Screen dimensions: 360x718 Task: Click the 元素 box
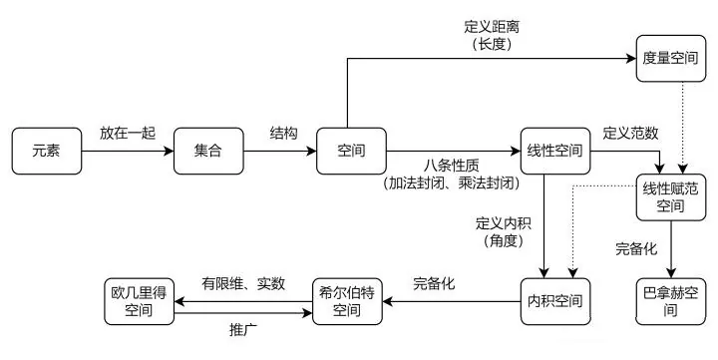coord(45,151)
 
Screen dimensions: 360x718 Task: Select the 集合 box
coord(208,151)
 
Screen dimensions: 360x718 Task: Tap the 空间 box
coord(350,151)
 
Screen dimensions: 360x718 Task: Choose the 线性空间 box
coord(554,151)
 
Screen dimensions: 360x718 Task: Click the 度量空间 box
coord(671,59)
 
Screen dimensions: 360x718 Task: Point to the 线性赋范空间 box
coord(671,197)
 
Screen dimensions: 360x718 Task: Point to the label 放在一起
coord(127,133)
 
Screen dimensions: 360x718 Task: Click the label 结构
coord(282,133)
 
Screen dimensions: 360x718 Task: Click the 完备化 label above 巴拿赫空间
coord(635,246)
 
